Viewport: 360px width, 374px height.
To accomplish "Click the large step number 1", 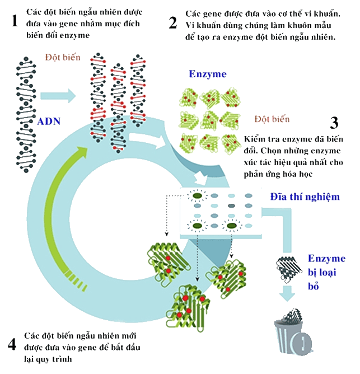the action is pyautogui.click(x=15, y=21).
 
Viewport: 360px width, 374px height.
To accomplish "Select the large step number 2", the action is pyautogui.click(x=173, y=23).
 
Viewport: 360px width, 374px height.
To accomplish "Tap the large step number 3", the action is pyautogui.click(x=334, y=123).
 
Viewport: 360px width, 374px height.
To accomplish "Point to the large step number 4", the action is pyautogui.click(x=12, y=345).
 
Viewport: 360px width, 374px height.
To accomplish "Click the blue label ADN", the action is pyautogui.click(x=49, y=121).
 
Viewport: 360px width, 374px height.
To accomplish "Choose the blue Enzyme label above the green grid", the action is pyautogui.click(x=208, y=74).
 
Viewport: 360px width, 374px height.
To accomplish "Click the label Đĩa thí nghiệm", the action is pyautogui.click(x=305, y=197).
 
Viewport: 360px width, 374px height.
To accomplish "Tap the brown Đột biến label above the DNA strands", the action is pyautogui.click(x=63, y=57).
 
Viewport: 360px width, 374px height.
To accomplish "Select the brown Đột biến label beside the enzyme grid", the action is pyautogui.click(x=272, y=119).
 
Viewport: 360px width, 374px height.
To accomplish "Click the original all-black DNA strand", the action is pyautogui.click(x=26, y=114).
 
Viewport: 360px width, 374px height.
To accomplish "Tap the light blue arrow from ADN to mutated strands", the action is pyautogui.click(x=58, y=96).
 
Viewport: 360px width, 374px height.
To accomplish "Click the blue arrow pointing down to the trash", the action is pyautogui.click(x=287, y=293).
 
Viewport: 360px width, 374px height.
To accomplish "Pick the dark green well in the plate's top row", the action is pyautogui.click(x=197, y=196).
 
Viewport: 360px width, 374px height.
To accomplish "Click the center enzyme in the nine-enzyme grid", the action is pyautogui.click(x=209, y=120).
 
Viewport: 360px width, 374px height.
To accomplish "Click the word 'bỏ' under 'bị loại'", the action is pyautogui.click(x=314, y=286).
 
